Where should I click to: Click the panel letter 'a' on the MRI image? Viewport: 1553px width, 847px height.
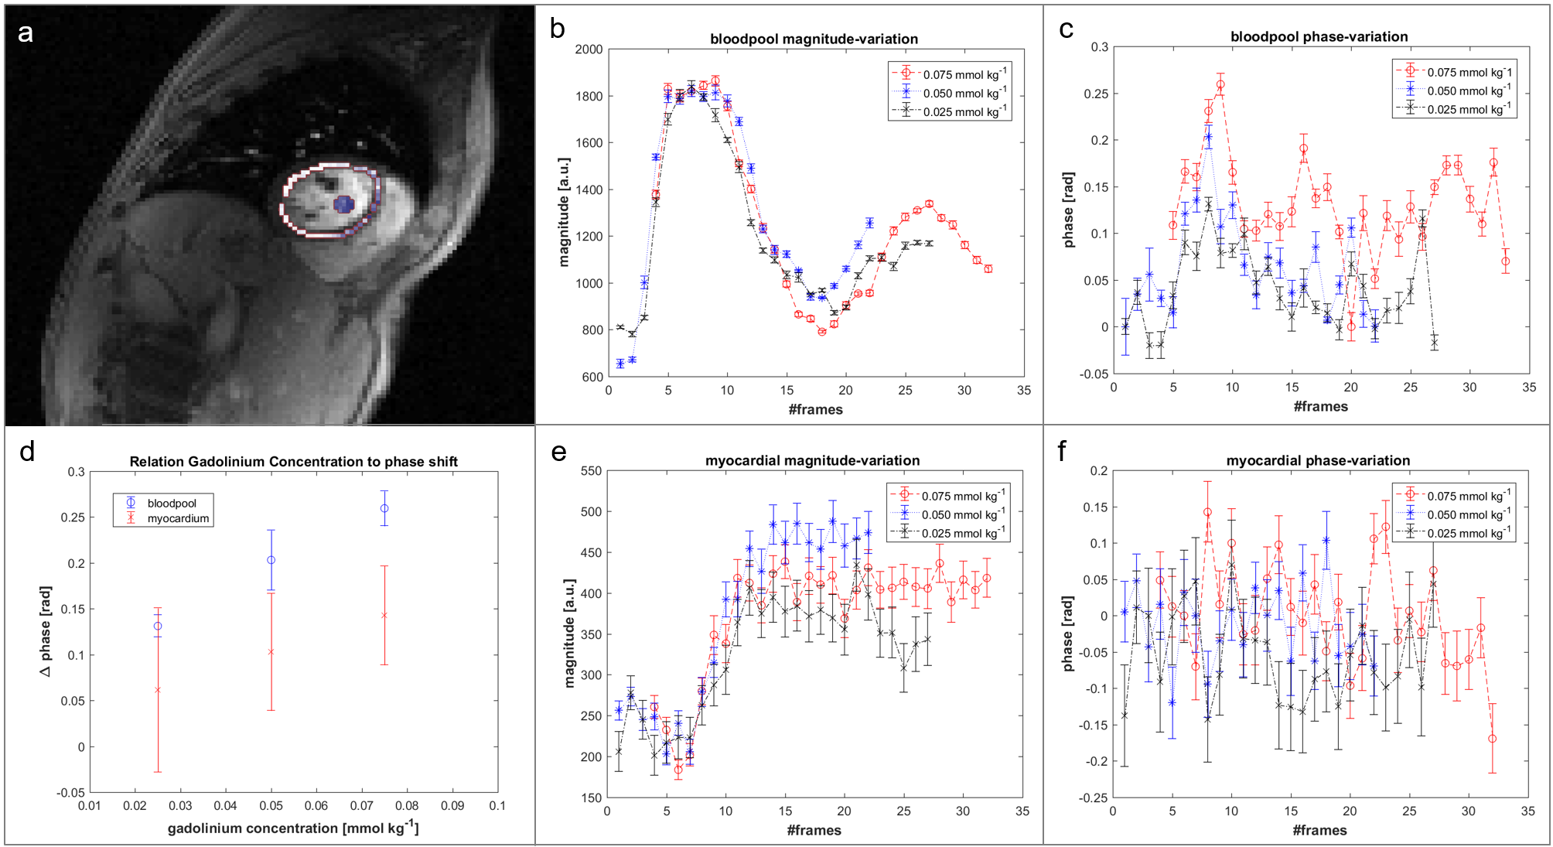[26, 33]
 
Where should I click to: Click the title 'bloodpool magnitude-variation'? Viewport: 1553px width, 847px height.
[814, 39]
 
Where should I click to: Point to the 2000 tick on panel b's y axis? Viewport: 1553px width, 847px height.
[589, 50]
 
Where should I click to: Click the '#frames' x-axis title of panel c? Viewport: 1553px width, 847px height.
[1320, 407]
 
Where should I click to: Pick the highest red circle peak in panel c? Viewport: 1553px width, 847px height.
[1220, 85]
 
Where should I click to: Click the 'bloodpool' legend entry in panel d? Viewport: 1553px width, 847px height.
[172, 504]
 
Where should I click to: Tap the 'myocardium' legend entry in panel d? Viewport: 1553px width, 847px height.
[178, 519]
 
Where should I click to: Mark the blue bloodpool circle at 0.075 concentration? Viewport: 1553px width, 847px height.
[384, 508]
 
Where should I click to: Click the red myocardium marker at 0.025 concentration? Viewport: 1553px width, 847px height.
[158, 690]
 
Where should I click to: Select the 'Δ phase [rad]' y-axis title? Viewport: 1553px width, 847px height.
[46, 631]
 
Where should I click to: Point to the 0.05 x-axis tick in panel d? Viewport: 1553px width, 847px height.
[271, 806]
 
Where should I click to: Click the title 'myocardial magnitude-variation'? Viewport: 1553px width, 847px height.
[812, 461]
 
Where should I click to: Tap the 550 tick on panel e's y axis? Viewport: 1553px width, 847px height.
[591, 471]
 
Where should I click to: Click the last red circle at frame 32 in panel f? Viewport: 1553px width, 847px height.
[1492, 739]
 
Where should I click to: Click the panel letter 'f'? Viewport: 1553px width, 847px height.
[1063, 452]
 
